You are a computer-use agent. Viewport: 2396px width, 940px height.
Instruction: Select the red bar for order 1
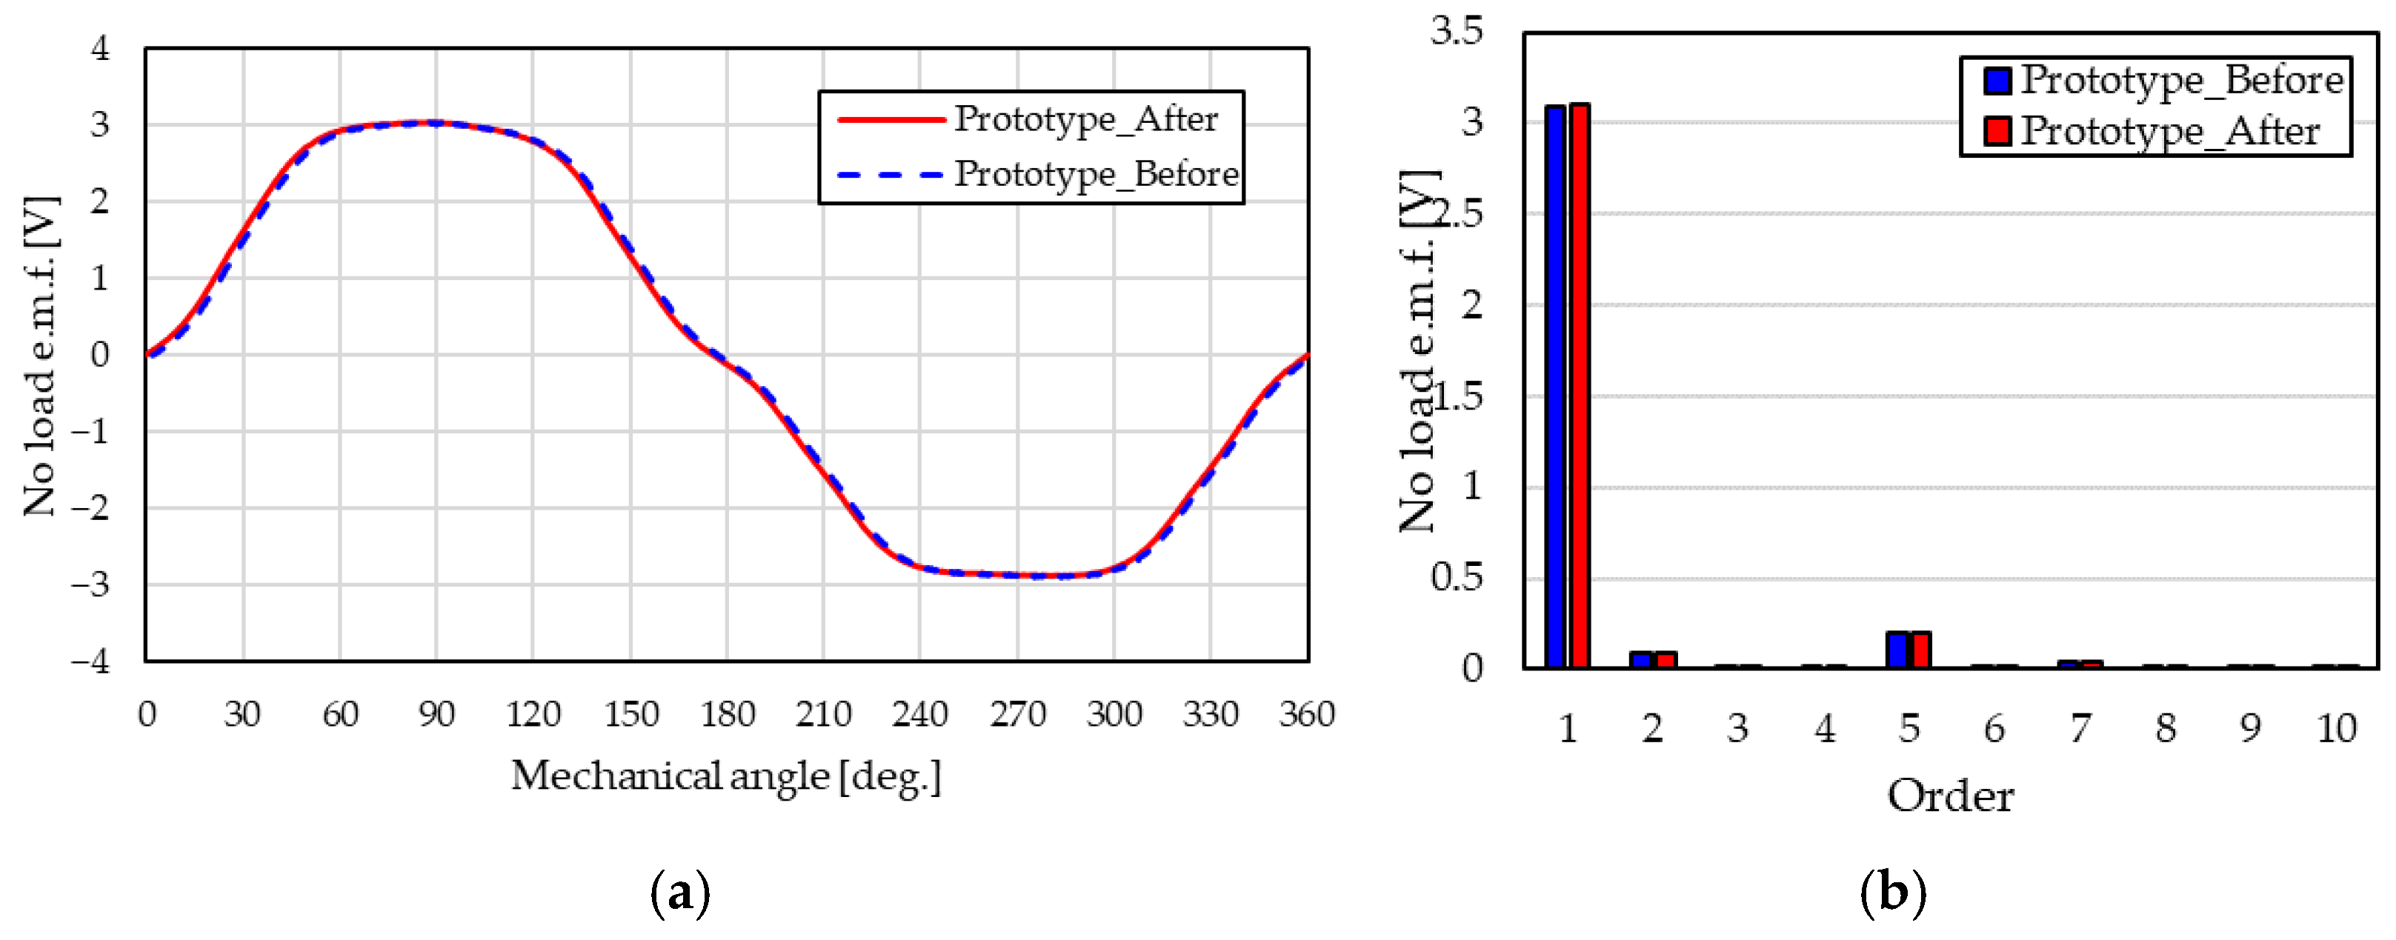(1580, 386)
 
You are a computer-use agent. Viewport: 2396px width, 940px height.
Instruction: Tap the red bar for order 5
(1920, 649)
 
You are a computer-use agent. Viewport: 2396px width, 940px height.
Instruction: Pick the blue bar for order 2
(1641, 659)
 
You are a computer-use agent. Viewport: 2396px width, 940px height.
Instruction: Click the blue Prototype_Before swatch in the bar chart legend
(1997, 81)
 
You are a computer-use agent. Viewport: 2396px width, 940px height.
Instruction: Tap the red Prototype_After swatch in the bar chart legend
(1997, 131)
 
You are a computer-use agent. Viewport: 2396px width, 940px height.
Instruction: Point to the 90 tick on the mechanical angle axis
(436, 714)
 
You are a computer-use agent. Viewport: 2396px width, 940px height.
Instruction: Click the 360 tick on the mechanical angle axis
(1307, 714)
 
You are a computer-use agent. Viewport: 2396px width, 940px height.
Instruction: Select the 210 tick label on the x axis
(823, 714)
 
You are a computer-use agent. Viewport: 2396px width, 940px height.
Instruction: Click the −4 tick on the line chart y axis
(91, 661)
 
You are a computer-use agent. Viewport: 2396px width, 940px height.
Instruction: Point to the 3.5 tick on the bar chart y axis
(1457, 30)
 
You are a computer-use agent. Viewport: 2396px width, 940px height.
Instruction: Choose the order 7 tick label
(2080, 728)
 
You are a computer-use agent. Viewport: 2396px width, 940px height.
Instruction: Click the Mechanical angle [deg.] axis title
(725, 776)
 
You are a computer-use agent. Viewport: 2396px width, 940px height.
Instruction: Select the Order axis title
(1951, 796)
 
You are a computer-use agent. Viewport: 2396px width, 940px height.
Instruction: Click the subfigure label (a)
(680, 893)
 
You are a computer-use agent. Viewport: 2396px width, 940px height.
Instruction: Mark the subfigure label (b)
(1893, 893)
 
